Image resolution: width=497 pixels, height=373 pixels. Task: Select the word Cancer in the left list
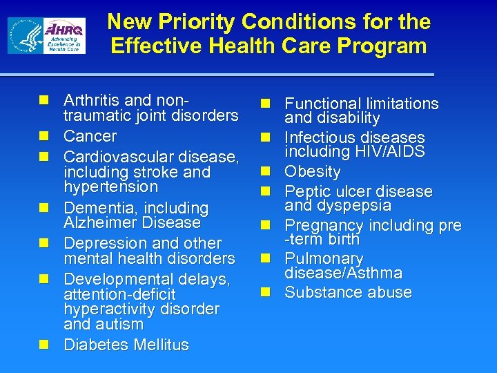(x=90, y=136)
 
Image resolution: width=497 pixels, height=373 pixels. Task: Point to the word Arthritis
(x=91, y=100)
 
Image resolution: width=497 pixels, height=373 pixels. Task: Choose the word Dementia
(x=96, y=208)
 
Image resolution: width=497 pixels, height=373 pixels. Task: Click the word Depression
(x=101, y=244)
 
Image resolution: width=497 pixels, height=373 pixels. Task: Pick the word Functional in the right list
(x=323, y=104)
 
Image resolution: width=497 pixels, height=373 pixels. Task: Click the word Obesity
(x=313, y=171)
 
